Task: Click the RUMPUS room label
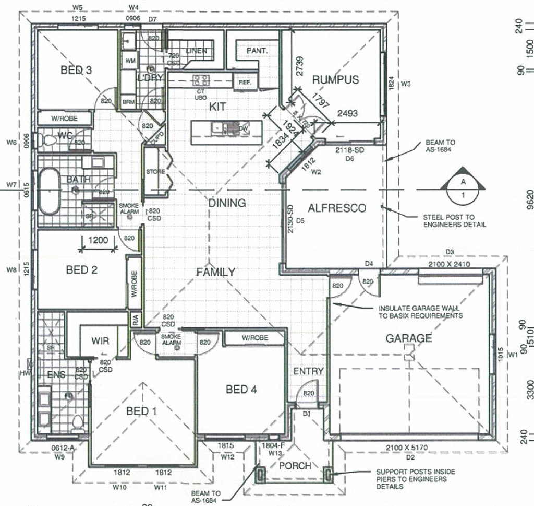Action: pos(335,79)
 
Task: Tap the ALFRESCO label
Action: pos(337,208)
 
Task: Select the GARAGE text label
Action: pos(408,338)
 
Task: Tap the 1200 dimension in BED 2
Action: pos(98,241)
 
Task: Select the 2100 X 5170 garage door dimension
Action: pos(407,448)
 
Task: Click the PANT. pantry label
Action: pos(257,51)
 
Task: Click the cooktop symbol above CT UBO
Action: pos(201,80)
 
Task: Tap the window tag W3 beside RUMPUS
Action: pos(407,84)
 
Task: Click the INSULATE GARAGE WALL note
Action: pos(420,312)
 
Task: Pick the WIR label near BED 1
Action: pos(100,341)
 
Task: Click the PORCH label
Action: pos(295,465)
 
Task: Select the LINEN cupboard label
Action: pos(196,51)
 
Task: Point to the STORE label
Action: pos(155,172)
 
